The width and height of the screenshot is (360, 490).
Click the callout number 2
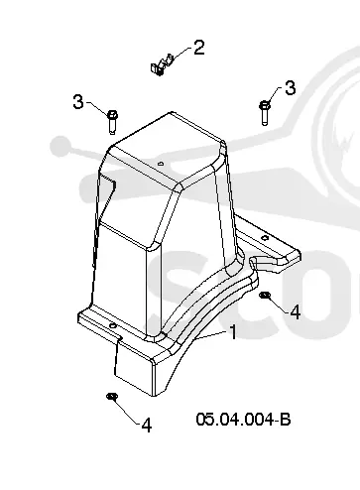pyautogui.click(x=199, y=48)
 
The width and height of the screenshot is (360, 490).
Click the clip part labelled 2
pyautogui.click(x=162, y=64)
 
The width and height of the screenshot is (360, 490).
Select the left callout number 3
pyautogui.click(x=78, y=101)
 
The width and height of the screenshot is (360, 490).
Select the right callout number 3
pyautogui.click(x=290, y=88)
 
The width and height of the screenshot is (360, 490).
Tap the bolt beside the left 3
pyautogui.click(x=112, y=122)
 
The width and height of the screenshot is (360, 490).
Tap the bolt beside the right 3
pyautogui.click(x=265, y=113)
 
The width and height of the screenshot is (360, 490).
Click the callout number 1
pyautogui.click(x=233, y=332)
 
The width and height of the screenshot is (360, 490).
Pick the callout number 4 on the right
pyautogui.click(x=295, y=311)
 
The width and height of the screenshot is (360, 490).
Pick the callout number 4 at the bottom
pyautogui.click(x=147, y=426)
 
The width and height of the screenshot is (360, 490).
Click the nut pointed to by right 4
pyautogui.click(x=264, y=295)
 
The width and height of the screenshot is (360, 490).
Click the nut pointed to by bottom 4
pyautogui.click(x=112, y=396)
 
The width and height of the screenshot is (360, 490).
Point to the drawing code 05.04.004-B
pyautogui.click(x=243, y=420)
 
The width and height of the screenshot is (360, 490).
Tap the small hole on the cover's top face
pyautogui.click(x=161, y=163)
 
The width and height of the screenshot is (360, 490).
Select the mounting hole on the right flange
pyautogui.click(x=264, y=237)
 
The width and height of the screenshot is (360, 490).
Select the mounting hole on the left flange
pyautogui.click(x=113, y=326)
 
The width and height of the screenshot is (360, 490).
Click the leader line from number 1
pyautogui.click(x=211, y=335)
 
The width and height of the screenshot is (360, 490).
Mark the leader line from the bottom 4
pyautogui.click(x=127, y=411)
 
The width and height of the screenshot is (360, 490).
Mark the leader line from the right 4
pyautogui.click(x=278, y=304)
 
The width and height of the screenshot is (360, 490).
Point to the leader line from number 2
pyautogui.click(x=180, y=54)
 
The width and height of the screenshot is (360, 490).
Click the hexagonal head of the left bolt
pyautogui.click(x=112, y=115)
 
